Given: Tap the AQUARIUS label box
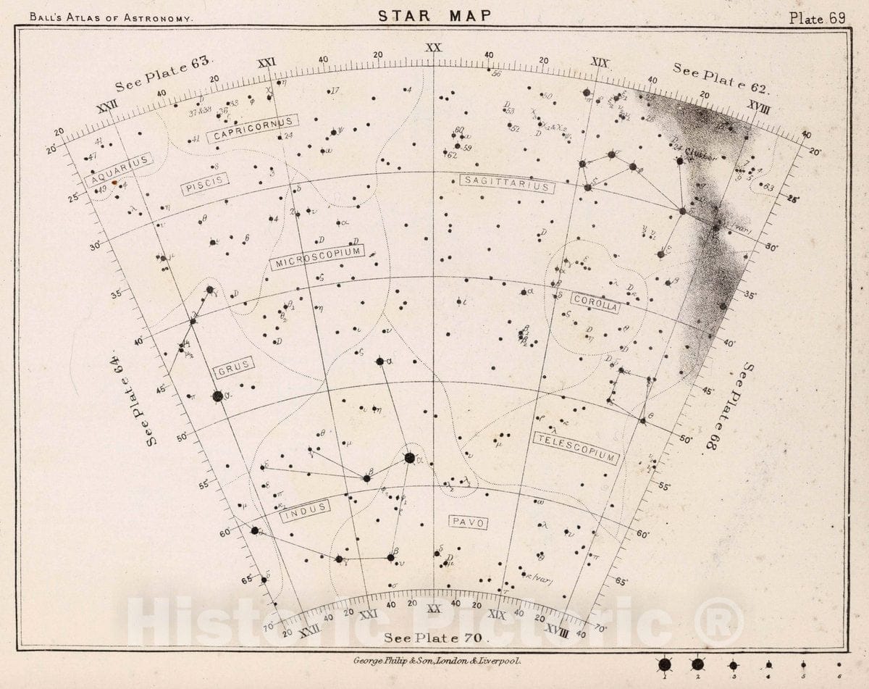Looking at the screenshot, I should click(120, 170).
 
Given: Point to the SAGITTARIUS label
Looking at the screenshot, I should click(507, 184).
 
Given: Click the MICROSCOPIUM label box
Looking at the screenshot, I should click(316, 258).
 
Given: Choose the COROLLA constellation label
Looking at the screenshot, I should click(595, 303).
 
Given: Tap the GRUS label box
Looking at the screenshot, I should click(234, 369).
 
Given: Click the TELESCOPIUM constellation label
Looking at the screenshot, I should click(576, 448).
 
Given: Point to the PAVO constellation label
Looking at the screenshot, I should click(467, 522).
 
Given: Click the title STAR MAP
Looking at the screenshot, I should click(434, 16).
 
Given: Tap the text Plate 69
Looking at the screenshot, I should click(817, 18).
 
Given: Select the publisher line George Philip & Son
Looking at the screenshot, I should click(434, 661).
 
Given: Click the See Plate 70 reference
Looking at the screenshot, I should click(437, 638).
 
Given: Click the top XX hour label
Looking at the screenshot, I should click(433, 48).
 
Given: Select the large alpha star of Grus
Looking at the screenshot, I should click(218, 396).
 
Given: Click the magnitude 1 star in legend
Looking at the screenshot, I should click(664, 664).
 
